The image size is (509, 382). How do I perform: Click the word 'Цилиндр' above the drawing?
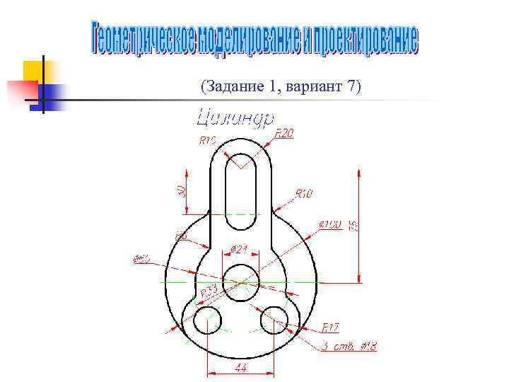pyautogui.click(x=234, y=117)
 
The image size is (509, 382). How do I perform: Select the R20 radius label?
pyautogui.click(x=284, y=133)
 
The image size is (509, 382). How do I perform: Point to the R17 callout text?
pyautogui.click(x=331, y=328)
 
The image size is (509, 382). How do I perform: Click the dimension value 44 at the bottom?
pyautogui.click(x=241, y=369)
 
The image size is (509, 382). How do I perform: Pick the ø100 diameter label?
pyautogui.click(x=330, y=224)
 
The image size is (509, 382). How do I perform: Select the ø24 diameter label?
pyautogui.click(x=240, y=249)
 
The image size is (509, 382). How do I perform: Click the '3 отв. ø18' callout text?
pyautogui.click(x=349, y=347)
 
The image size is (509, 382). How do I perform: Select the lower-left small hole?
pyautogui.click(x=207, y=320)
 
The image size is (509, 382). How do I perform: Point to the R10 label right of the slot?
pyautogui.click(x=304, y=192)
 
